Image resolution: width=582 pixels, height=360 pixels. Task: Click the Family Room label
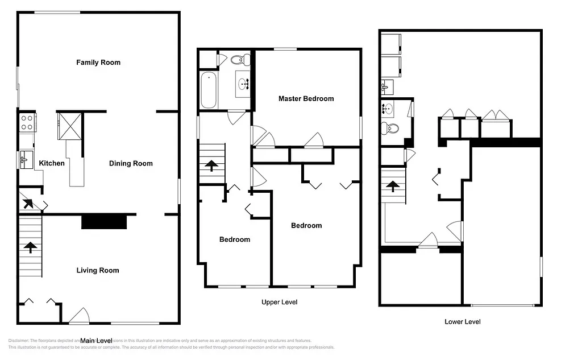[98, 63]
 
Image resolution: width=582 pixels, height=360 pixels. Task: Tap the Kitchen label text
[52, 164]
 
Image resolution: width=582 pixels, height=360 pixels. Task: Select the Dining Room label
[131, 164]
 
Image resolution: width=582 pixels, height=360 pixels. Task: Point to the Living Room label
[98, 271]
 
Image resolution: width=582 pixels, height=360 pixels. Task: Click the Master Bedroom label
[306, 99]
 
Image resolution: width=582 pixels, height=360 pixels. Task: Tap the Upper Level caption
[279, 303]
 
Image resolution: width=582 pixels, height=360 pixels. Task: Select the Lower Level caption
[462, 322]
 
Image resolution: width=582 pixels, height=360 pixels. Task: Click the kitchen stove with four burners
[27, 121]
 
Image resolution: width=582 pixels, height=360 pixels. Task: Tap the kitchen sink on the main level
[26, 158]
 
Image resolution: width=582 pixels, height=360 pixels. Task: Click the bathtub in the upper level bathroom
[209, 90]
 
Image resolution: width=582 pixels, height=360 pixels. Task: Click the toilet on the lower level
[389, 127]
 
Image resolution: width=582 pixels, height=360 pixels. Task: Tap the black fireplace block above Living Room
[104, 221]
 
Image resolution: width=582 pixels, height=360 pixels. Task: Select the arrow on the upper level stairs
[211, 165]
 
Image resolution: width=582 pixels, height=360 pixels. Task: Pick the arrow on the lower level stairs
[392, 185]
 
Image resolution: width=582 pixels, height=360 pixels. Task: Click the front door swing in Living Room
[79, 316]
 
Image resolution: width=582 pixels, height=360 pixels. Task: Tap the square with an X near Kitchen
[69, 126]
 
